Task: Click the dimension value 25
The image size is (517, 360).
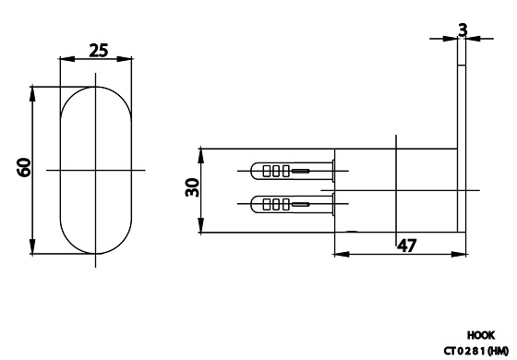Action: point(98,51)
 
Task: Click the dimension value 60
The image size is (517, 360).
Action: point(24,167)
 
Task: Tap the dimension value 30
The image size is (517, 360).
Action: point(192,187)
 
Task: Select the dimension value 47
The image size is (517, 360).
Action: point(406,246)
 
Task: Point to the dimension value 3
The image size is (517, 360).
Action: point(463,30)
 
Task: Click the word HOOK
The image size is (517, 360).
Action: point(481,336)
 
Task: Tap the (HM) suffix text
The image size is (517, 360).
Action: point(498,350)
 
